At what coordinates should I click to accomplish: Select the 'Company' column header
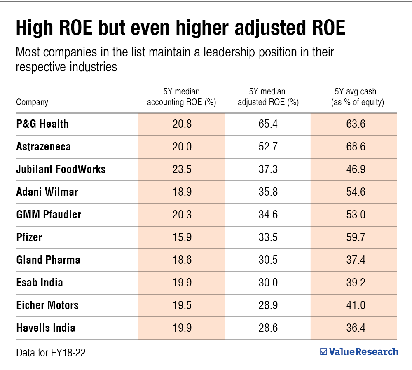[32, 102]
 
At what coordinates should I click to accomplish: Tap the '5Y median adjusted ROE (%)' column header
[268, 97]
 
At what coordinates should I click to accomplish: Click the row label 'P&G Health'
[42, 124]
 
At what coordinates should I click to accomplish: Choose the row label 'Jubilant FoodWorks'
[61, 169]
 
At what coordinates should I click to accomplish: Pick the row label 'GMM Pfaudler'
[49, 215]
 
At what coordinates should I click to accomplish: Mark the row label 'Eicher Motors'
[47, 305]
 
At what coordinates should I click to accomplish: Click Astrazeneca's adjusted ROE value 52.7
[267, 147]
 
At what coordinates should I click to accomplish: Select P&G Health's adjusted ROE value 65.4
[267, 124]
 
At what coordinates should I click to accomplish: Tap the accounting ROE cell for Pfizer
[182, 237]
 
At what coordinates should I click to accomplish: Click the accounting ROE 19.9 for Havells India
[182, 328]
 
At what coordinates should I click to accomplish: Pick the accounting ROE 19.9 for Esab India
[182, 283]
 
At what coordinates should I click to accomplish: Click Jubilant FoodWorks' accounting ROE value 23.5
[182, 169]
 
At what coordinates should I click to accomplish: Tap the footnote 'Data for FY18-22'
[51, 353]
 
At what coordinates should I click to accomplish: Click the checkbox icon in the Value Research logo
[323, 352]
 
